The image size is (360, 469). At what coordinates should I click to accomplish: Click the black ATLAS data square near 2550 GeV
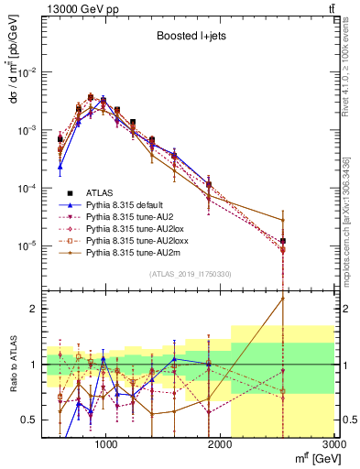pyautogui.click(x=283, y=241)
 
